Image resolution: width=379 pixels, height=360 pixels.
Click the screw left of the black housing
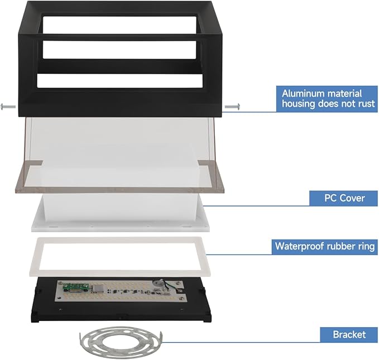pos(8,107)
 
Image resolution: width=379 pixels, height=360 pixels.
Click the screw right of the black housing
pos(232,107)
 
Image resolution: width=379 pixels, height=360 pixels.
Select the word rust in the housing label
pos(366,104)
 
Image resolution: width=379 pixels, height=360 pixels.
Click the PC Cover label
pos(343,198)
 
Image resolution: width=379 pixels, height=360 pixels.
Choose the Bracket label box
pos(349,335)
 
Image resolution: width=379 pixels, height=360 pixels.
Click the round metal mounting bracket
pos(121,342)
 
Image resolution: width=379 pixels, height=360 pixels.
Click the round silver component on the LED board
pos(157,284)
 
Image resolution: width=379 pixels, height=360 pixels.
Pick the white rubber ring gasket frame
pos(120,257)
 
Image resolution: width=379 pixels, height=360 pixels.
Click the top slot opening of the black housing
pos(119,25)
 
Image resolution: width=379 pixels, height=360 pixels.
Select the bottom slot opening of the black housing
pos(120,81)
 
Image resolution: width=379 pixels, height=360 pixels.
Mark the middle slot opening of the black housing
pos(119,50)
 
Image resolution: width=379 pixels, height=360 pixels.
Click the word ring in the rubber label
pos(366,246)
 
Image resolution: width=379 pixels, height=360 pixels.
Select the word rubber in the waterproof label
pos(341,246)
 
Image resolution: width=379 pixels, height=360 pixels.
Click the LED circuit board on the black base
pos(122,291)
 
